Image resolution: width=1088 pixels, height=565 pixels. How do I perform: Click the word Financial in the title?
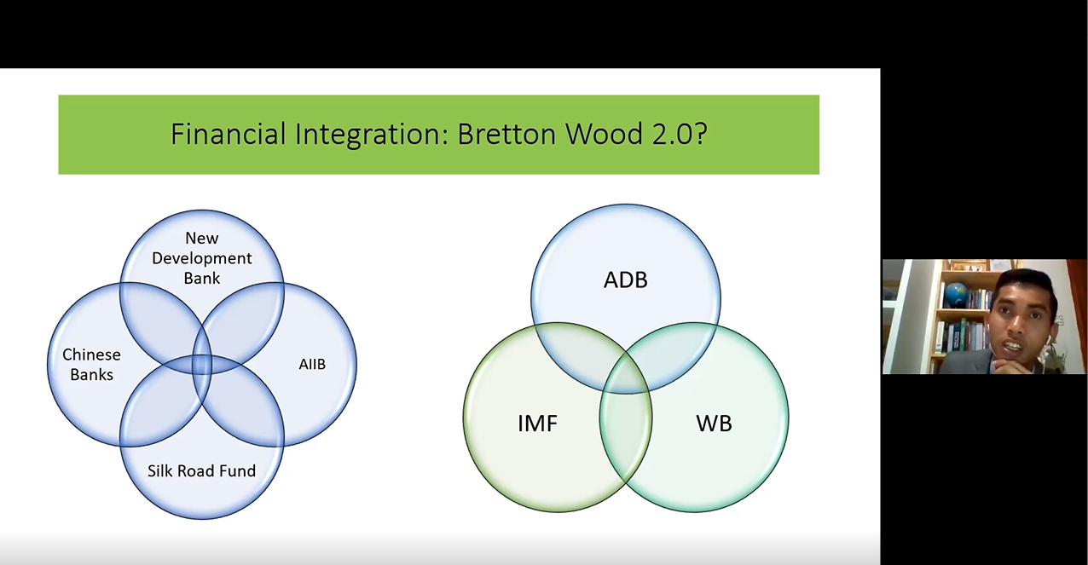click(228, 134)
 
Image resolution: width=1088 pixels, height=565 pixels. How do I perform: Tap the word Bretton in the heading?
click(506, 134)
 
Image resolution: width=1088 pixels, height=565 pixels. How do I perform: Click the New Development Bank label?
click(201, 257)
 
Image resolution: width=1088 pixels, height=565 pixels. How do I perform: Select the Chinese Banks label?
click(91, 365)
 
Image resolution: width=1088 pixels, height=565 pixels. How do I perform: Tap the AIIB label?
click(312, 364)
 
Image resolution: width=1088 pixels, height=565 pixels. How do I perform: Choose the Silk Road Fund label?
click(201, 470)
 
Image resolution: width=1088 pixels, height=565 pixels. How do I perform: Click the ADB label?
click(626, 280)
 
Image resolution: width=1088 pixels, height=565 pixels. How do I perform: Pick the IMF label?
click(537, 424)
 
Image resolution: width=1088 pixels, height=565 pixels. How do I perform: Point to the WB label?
click(714, 424)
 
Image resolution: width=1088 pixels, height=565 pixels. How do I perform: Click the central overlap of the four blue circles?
click(201, 365)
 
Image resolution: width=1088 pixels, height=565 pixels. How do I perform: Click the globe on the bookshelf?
click(954, 293)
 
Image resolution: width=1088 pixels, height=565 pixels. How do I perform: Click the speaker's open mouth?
click(1013, 346)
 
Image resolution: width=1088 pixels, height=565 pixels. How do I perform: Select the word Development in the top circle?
click(201, 258)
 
